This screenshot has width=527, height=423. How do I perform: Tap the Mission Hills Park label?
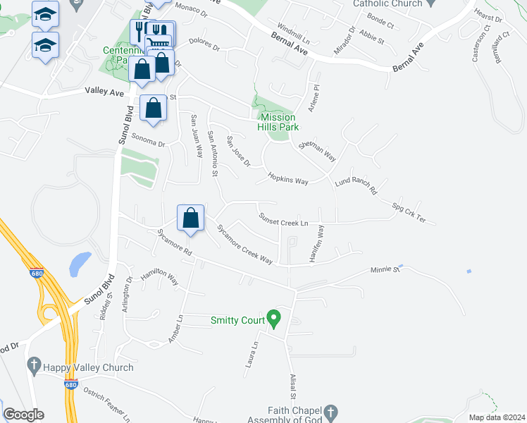tap(280, 122)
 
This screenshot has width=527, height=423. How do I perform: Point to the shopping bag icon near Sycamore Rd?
tap(190, 219)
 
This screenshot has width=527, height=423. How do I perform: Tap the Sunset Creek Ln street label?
tap(285, 222)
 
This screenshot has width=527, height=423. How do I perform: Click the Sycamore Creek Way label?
tap(244, 244)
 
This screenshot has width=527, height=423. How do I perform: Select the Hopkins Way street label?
tap(288, 178)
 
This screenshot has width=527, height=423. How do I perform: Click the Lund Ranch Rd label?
tap(356, 185)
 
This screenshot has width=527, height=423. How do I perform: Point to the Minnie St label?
tap(385, 269)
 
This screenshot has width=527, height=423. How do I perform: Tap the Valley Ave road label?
tap(104, 92)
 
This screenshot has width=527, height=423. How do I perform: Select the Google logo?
tap(23, 415)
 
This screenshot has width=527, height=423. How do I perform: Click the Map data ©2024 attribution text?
tap(496, 417)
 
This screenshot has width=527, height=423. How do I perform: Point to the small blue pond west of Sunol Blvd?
tap(80, 264)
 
